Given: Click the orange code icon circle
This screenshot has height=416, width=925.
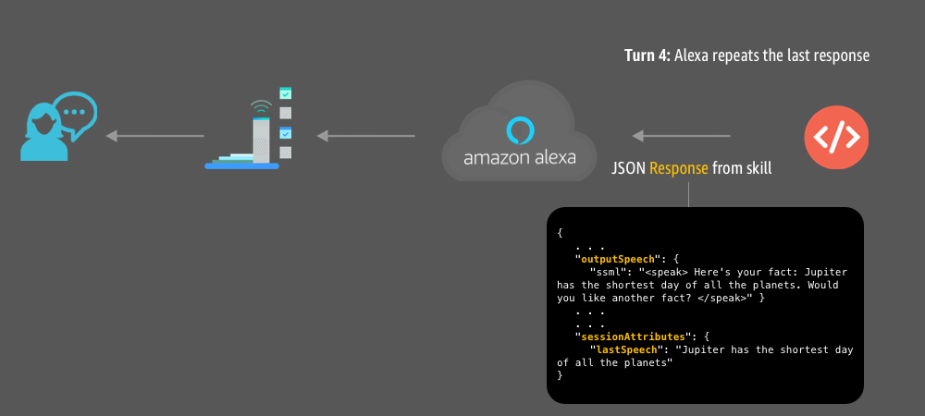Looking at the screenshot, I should (x=837, y=138).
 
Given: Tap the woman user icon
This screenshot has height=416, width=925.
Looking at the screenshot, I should (x=43, y=134).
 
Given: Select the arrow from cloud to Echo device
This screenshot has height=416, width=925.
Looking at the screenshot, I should (x=366, y=137).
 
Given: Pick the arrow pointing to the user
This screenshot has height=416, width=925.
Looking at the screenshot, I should (x=154, y=137).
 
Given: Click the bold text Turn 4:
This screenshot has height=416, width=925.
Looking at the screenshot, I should (x=647, y=55).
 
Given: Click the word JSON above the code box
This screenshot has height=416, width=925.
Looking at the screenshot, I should (x=629, y=169).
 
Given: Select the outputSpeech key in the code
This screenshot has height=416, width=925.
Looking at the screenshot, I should (x=616, y=260).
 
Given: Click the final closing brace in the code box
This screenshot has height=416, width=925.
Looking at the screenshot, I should (x=561, y=376).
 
